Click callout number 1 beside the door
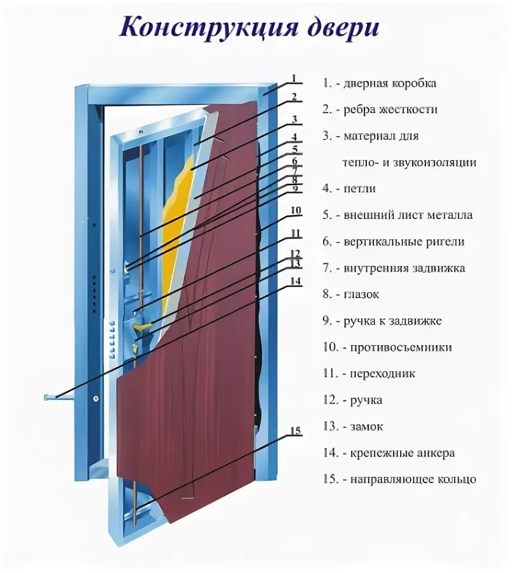point(294,79)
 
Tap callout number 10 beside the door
point(295,211)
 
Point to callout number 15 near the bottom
point(295,432)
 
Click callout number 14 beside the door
point(295,280)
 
